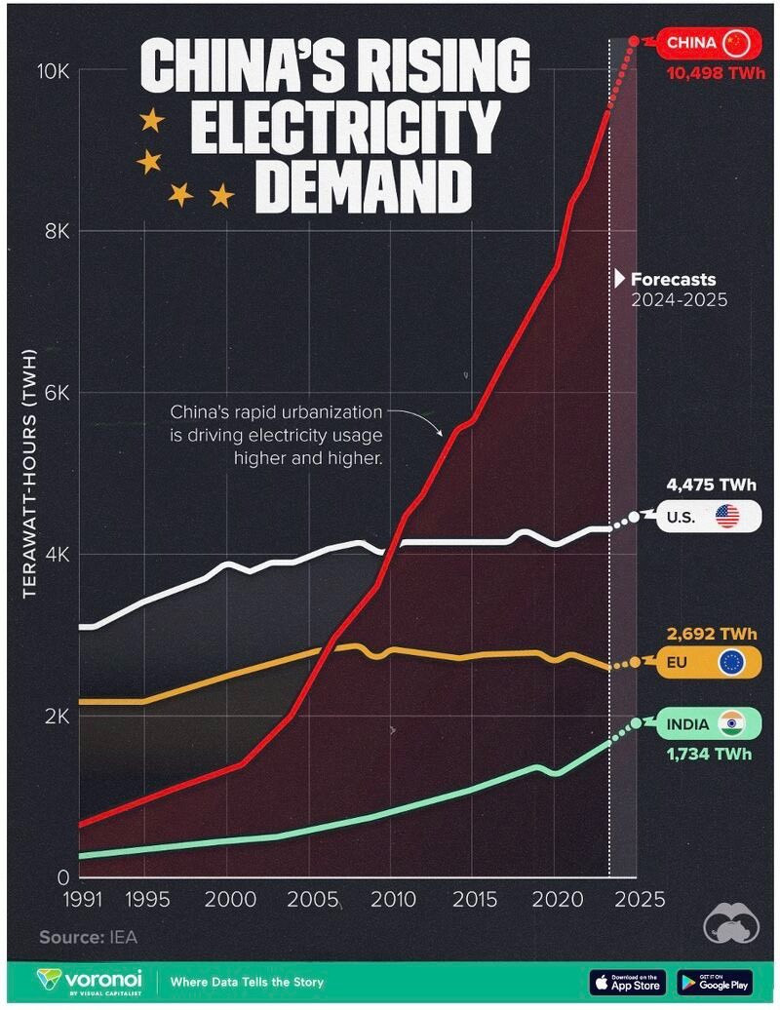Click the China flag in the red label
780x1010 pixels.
[x=734, y=43]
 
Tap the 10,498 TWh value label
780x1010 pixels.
[x=717, y=73]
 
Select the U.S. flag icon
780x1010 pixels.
[x=727, y=516]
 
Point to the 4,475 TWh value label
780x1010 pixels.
[x=711, y=485]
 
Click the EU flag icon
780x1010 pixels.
[x=731, y=662]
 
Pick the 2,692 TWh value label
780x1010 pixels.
[x=712, y=634]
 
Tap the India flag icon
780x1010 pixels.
[x=731, y=724]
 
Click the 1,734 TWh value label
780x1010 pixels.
[x=709, y=754]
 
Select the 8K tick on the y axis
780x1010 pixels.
[x=57, y=231]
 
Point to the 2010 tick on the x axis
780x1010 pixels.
[x=392, y=899]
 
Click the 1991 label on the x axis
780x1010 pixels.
[x=83, y=899]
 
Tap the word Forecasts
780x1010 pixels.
[x=673, y=280]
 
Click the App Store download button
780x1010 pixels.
[x=629, y=983]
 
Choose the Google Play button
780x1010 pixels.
[x=715, y=983]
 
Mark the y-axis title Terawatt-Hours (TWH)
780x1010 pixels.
[x=29, y=474]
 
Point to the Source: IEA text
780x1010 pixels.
[x=89, y=937]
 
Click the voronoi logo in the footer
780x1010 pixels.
[x=89, y=982]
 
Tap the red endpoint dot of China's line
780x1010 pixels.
[x=634, y=41]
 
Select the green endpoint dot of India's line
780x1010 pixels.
[x=637, y=722]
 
